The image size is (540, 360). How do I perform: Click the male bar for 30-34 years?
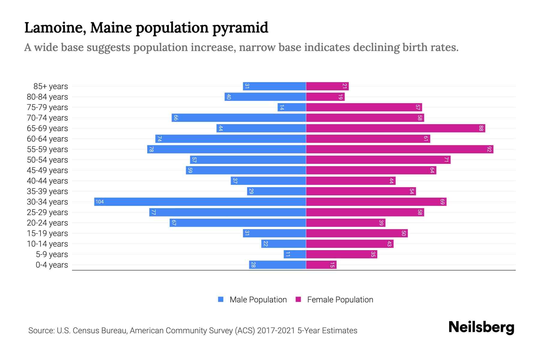[x=200, y=202]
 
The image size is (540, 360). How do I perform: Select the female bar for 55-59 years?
[x=400, y=149]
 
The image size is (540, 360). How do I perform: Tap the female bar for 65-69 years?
[x=395, y=128]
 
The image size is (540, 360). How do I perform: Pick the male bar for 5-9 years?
[x=295, y=254]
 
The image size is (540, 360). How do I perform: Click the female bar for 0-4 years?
[x=321, y=265]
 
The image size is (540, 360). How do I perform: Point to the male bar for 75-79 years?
[x=292, y=107]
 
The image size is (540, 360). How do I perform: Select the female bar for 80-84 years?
[x=325, y=97]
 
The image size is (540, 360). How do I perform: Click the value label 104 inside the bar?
[x=100, y=202]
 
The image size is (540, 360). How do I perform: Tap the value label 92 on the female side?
[x=489, y=149]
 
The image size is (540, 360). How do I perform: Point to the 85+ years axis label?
[x=51, y=86]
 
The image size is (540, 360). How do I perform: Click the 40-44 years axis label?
[x=47, y=181]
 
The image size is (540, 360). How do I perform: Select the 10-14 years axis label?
[x=47, y=244]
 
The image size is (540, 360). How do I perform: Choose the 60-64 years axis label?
[x=47, y=139]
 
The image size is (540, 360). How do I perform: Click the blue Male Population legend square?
[x=221, y=299]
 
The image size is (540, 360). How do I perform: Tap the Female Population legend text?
[x=340, y=299]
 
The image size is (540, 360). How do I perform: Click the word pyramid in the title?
[x=240, y=28]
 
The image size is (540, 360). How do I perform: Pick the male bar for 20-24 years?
[x=238, y=223]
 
